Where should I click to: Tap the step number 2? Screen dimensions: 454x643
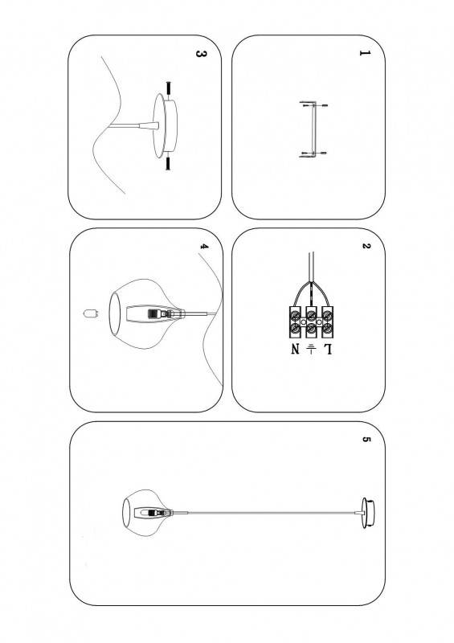(x=366, y=246)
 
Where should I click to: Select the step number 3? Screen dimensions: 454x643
(x=201, y=54)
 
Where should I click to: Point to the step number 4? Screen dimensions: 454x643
(x=204, y=247)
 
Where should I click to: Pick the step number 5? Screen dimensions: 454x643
(x=366, y=439)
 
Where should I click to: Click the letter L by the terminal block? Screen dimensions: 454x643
(x=328, y=349)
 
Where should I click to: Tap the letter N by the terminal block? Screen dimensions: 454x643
(x=296, y=349)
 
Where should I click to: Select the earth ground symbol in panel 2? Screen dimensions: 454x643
(x=311, y=349)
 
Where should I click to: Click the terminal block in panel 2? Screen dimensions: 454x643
(x=311, y=322)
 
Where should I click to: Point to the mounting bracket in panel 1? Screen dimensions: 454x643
(x=313, y=129)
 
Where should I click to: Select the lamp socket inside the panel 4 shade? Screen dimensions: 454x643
(x=155, y=314)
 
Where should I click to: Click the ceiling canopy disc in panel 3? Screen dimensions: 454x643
(x=165, y=125)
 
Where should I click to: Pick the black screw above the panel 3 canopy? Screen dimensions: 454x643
(x=168, y=88)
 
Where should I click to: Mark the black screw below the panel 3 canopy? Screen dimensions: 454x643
(x=168, y=164)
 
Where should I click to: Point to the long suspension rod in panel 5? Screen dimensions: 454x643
(x=271, y=513)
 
